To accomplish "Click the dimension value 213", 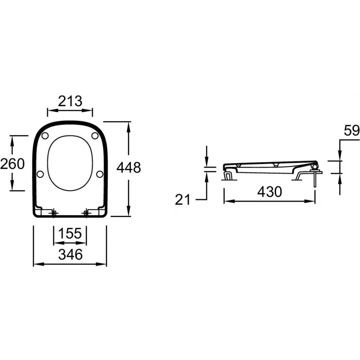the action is click(70, 101).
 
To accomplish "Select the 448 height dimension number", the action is click(129, 167).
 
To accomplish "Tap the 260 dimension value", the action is click(12, 164).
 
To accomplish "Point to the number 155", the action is click(70, 233).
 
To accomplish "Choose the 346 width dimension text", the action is click(70, 255).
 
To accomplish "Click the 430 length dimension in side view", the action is click(270, 192).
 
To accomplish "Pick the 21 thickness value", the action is click(183, 199).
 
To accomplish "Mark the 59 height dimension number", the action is click(351, 131).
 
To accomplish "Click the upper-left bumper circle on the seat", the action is click(45, 136).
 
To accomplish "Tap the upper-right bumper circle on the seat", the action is click(95, 136).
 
